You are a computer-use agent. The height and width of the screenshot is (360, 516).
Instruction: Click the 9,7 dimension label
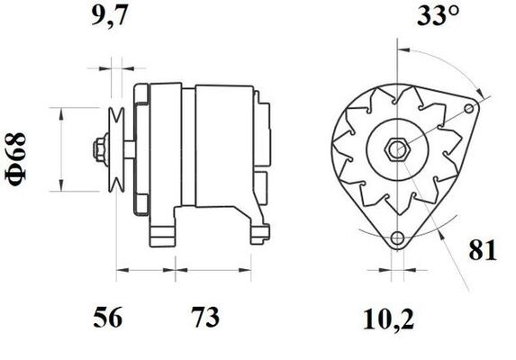(109, 16)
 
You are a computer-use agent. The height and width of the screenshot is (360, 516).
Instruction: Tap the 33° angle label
(438, 15)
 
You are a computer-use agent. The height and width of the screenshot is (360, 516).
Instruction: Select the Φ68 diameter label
(15, 159)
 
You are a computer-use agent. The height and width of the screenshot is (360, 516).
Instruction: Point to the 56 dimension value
(107, 318)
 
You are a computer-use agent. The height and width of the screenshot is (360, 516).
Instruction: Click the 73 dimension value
(206, 318)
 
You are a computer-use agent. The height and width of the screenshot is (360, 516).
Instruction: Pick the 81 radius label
(483, 250)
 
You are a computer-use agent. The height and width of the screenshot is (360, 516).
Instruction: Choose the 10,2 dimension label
(388, 319)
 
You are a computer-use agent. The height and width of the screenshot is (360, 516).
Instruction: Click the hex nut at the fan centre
(397, 150)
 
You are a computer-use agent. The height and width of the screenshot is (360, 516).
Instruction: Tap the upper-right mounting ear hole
(469, 108)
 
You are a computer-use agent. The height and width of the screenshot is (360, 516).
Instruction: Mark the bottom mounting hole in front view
(398, 238)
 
